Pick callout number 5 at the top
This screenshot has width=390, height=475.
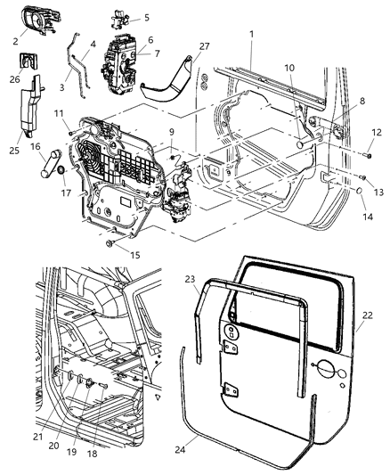pyautogui.click(x=147, y=17)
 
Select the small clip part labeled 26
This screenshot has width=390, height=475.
pyautogui.click(x=30, y=63)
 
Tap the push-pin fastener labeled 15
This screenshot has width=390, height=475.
pyautogui.click(x=110, y=242)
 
